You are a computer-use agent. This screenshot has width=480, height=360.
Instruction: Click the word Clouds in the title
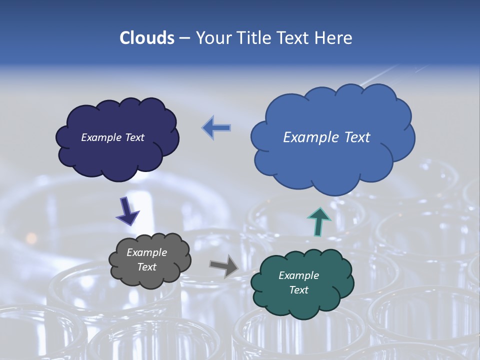pos(146,38)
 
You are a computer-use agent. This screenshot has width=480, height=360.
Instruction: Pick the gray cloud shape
pos(150,277)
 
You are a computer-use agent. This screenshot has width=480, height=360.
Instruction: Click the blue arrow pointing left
pos(216,128)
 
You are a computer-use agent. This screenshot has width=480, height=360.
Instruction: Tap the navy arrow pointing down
pos(127,210)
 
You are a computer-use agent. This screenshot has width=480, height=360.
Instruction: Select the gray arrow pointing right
pos(223,265)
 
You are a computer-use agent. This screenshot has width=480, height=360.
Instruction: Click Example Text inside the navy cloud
pos(112,137)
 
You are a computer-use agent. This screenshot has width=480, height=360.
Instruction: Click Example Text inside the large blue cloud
pos(326,137)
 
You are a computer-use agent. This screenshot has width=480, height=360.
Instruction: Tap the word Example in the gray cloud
pos(146,252)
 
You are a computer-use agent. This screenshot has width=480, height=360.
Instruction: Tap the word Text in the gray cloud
pos(146,267)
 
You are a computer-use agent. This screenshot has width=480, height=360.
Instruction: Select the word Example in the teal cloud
pos(298,275)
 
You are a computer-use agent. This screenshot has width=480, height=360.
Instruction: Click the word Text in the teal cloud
pos(298,290)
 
